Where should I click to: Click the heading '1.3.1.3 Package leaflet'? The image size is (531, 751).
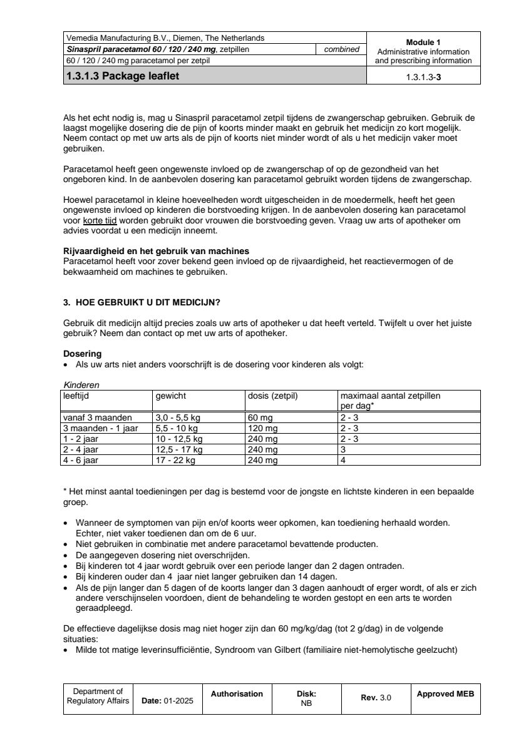pyautogui.click(x=126, y=77)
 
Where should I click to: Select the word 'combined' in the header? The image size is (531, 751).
pyautogui.click(x=341, y=49)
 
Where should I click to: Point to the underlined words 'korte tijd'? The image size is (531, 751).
pyautogui.click(x=100, y=222)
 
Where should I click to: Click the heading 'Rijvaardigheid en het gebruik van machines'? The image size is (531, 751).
pyautogui.click(x=152, y=251)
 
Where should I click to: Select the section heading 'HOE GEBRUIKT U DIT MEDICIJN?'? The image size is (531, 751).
pyautogui.click(x=147, y=302)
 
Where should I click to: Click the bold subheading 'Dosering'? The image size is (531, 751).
pyautogui.click(x=83, y=354)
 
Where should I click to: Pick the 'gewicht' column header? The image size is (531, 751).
pyautogui.click(x=170, y=396)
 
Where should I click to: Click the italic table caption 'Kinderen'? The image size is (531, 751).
pyautogui.click(x=81, y=385)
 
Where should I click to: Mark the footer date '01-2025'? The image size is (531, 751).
pyautogui.click(x=178, y=701)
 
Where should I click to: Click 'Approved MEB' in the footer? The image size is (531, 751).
pyautogui.click(x=445, y=693)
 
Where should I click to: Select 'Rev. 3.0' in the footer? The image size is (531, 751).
pyautogui.click(x=376, y=698)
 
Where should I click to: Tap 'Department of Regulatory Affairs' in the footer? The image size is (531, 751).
pyautogui.click(x=98, y=696)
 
